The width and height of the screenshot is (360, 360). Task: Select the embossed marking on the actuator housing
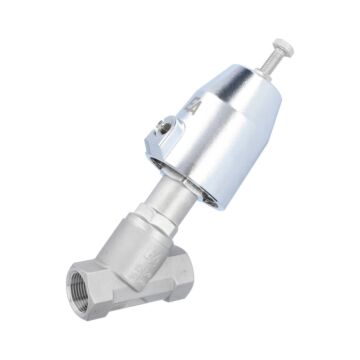[x=197, y=107]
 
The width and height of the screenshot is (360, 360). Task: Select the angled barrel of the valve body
[x=140, y=250]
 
